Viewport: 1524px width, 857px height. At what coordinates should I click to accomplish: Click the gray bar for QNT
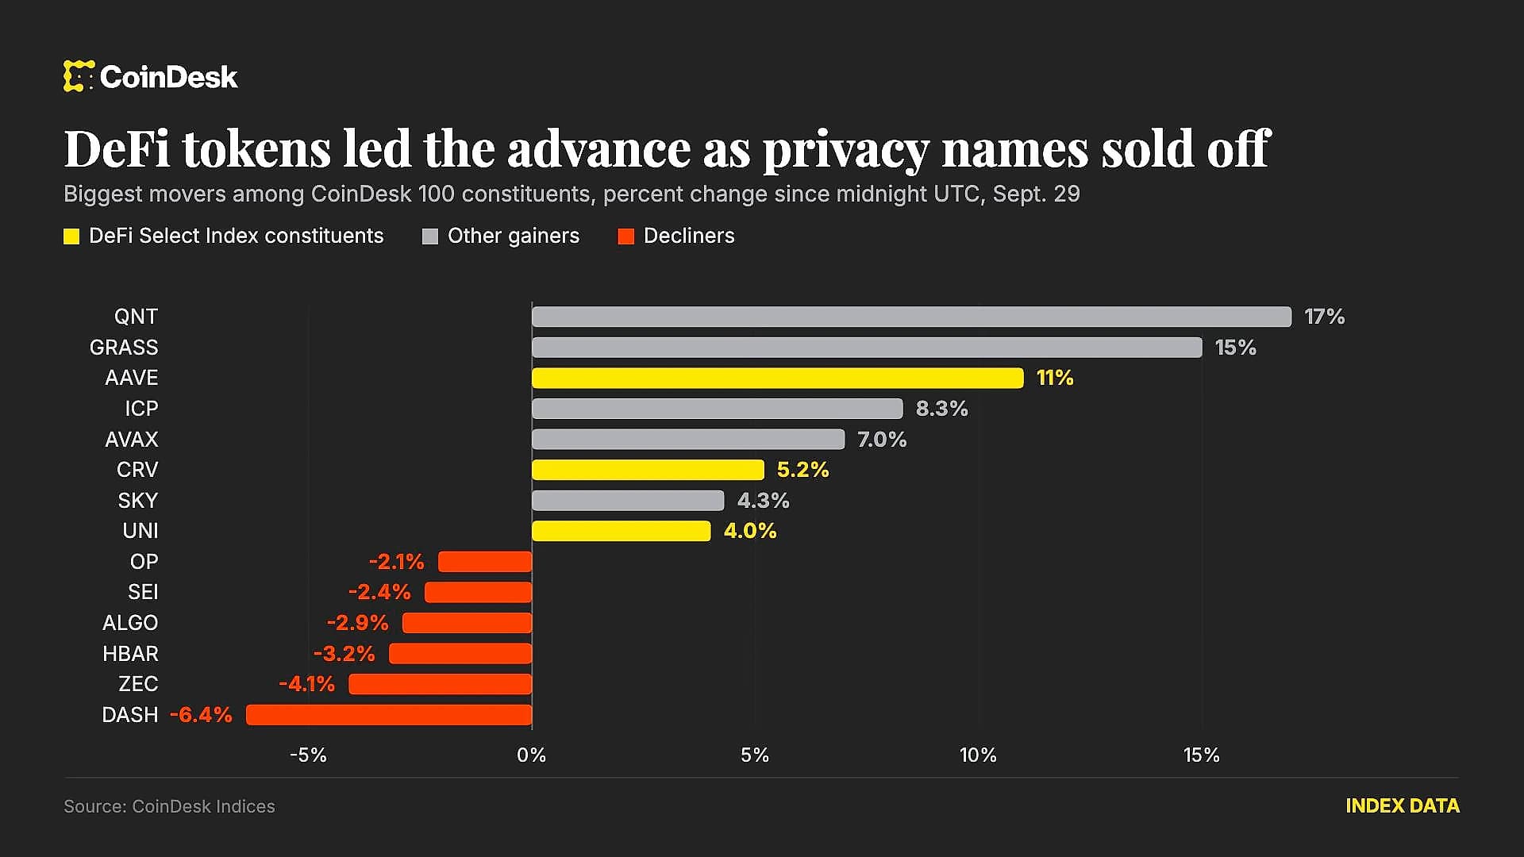point(911,317)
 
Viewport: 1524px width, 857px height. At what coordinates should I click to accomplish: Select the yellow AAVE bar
point(778,378)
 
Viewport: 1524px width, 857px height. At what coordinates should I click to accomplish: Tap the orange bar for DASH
point(389,715)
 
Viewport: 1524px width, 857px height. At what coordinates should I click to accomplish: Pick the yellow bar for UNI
point(622,531)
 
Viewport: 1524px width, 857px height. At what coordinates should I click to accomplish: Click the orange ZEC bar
point(441,684)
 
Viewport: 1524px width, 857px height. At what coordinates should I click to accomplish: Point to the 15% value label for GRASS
point(1236,348)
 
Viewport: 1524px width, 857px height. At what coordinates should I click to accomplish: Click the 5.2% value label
point(802,470)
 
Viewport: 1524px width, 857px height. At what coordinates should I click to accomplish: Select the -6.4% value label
point(201,715)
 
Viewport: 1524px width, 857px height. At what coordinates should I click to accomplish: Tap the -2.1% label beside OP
point(396,562)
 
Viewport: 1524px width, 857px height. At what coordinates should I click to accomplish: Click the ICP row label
point(141,409)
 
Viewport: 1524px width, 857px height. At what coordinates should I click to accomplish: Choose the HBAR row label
point(130,654)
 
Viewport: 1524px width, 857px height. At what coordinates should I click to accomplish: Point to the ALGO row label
point(130,623)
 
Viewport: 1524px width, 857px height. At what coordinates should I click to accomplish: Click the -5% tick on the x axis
point(308,755)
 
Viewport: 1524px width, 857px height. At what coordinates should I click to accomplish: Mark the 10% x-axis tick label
point(978,755)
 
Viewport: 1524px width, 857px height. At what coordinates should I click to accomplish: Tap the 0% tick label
point(532,755)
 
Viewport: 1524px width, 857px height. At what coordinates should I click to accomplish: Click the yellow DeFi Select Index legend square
point(71,236)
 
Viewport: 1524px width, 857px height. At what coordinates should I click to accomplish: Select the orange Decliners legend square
point(626,236)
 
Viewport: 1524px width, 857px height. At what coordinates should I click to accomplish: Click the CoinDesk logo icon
point(79,76)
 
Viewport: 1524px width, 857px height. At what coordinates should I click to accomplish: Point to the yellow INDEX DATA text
point(1403,806)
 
